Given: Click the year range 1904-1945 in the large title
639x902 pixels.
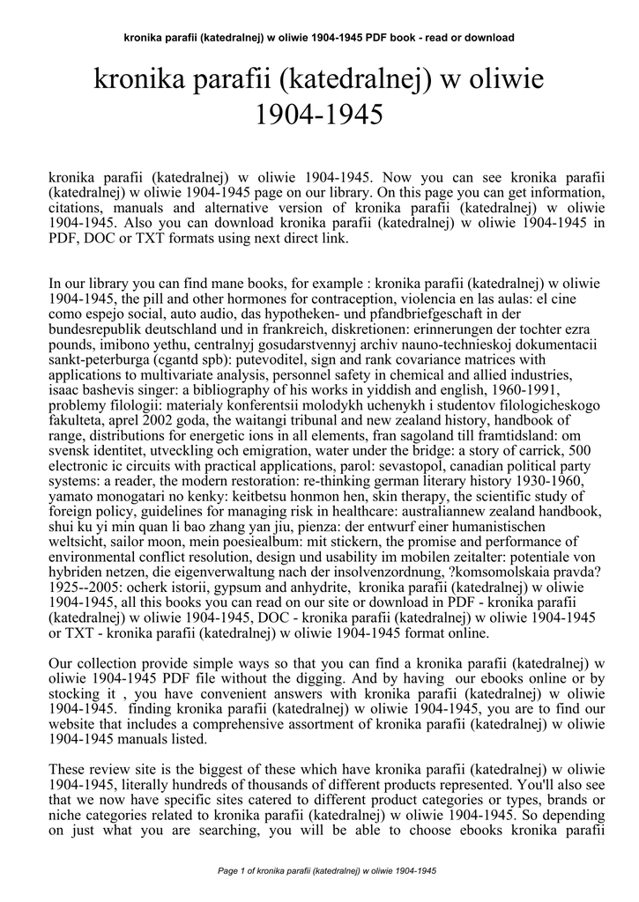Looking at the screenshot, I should point(319,115).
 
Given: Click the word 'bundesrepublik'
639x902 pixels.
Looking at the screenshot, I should point(92,330).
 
